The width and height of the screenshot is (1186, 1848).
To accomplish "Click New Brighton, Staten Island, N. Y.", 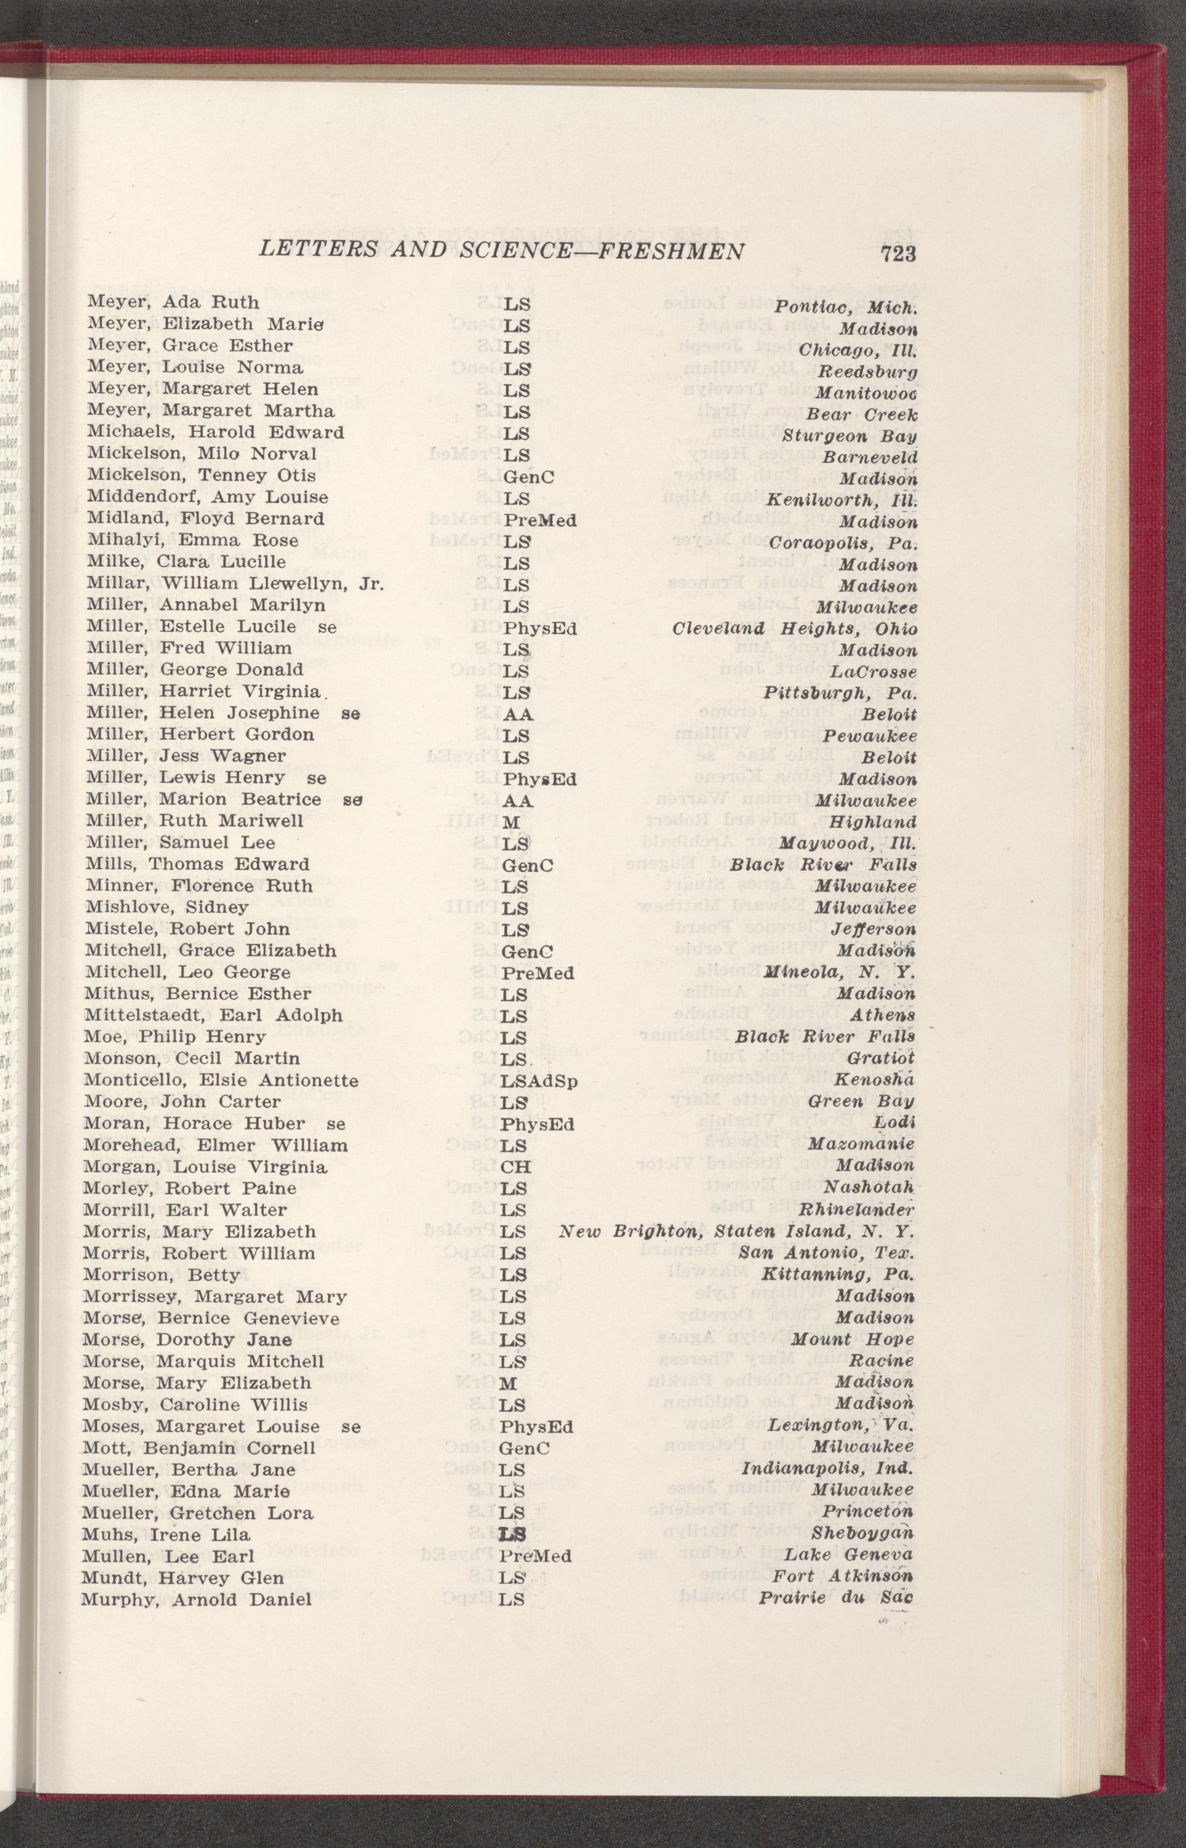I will (x=736, y=1232).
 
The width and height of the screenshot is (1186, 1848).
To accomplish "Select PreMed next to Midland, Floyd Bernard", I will (x=539, y=520).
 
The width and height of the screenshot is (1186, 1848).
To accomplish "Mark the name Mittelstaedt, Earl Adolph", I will (x=213, y=1016).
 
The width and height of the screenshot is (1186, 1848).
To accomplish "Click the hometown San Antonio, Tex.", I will (x=825, y=1254).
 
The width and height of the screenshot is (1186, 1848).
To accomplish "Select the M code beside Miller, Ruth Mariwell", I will (x=510, y=823).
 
